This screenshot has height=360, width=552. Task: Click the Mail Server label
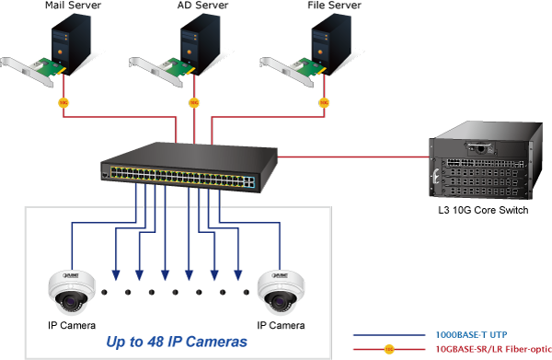click(73, 6)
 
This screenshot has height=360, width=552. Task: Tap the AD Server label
click(202, 6)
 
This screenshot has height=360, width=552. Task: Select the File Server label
click(334, 6)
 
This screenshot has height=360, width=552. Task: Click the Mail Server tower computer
click(71, 44)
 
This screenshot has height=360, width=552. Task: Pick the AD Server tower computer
click(201, 44)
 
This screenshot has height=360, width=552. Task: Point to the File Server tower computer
click(331, 44)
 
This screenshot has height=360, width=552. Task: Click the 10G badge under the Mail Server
click(63, 102)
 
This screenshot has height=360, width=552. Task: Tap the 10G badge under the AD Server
click(194, 102)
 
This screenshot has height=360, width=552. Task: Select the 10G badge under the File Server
click(324, 102)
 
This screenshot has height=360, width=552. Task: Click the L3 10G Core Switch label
click(483, 210)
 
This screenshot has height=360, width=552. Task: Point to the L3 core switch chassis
click(486, 160)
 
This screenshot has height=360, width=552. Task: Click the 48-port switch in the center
click(189, 167)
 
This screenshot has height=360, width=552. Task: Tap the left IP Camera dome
click(72, 293)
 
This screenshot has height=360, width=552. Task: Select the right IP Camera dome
click(281, 293)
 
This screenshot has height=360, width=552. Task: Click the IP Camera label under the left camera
click(72, 325)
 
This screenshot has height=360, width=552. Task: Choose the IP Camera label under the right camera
click(281, 325)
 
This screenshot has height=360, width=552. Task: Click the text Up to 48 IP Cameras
click(177, 342)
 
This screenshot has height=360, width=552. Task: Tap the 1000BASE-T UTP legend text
click(471, 334)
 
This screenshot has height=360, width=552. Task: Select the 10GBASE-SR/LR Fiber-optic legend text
click(493, 349)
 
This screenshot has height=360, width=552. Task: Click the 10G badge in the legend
click(389, 349)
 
